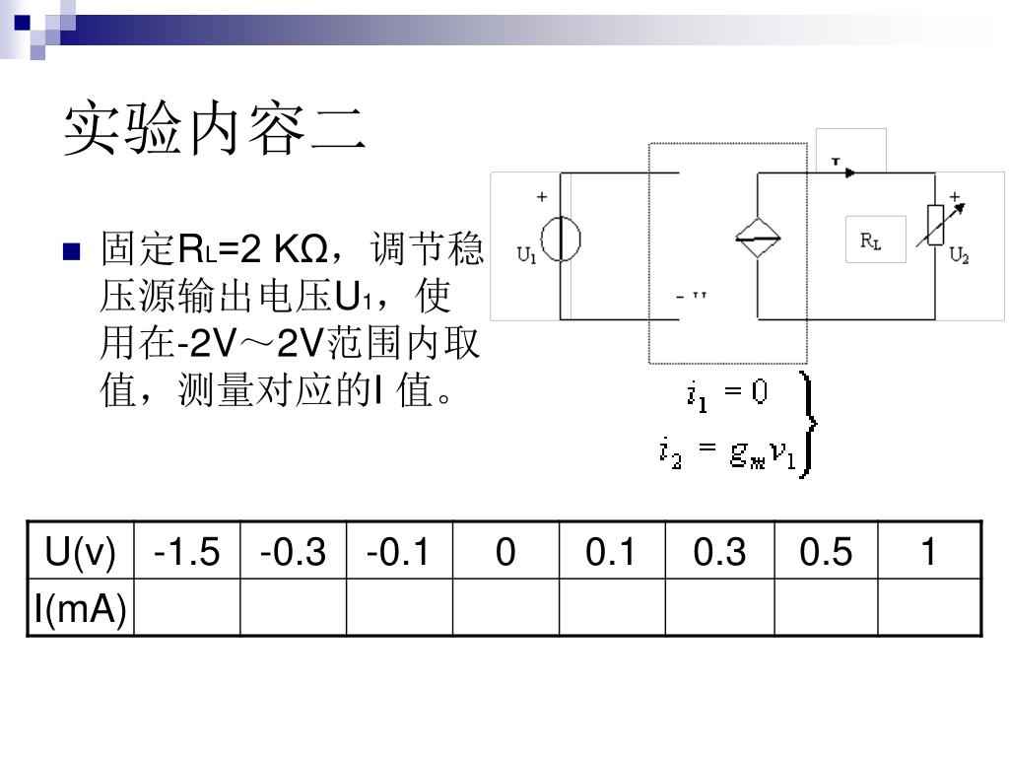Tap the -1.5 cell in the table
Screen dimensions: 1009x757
tap(186, 552)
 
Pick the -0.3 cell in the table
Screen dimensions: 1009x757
tap(293, 552)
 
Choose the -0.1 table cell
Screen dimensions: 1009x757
tap(399, 552)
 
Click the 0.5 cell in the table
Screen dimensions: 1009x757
tap(826, 552)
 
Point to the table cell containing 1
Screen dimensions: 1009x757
tap(929, 552)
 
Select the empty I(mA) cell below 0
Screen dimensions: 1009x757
tap(505, 608)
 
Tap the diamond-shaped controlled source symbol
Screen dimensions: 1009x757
tap(758, 237)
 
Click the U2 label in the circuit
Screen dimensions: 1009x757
tap(959, 256)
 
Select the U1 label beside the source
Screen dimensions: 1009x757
tap(527, 256)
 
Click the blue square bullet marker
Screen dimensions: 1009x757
tap(70, 251)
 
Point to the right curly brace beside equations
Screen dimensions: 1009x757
tap(809, 424)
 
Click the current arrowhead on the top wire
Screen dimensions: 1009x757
tap(849, 172)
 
